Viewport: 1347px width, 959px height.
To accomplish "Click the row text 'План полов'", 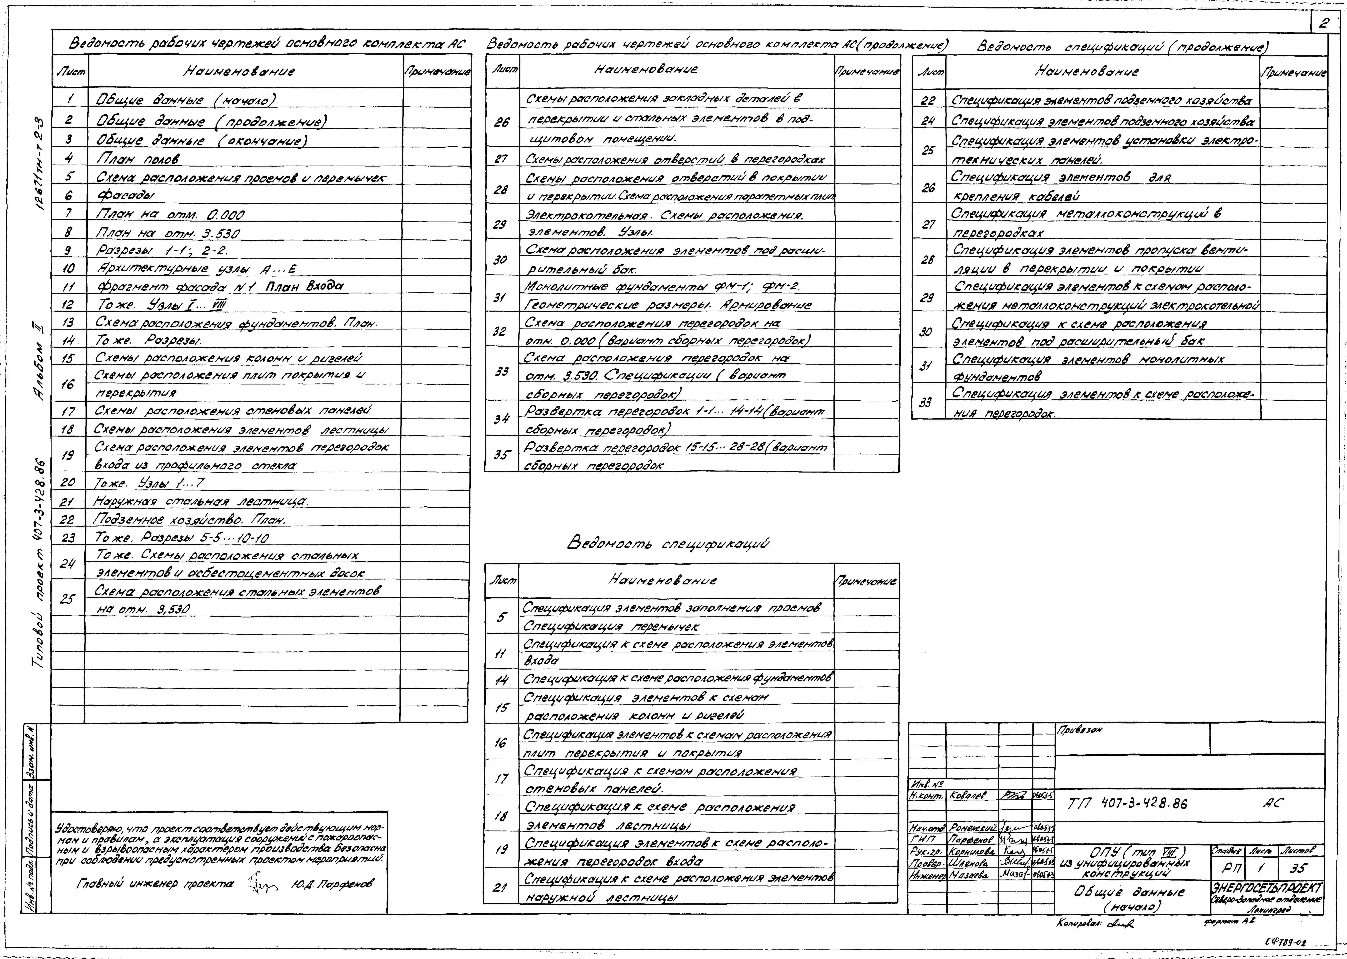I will pos(138,158).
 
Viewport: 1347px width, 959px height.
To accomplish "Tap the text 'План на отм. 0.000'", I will pos(170,214).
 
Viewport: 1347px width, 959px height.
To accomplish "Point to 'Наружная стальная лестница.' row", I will pos(201,501).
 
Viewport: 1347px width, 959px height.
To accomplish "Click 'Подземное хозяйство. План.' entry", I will pos(189,520).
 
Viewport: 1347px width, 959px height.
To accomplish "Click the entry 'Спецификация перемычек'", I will pos(611,626).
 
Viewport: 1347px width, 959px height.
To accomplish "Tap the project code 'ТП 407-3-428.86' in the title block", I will pos(1127,803).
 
